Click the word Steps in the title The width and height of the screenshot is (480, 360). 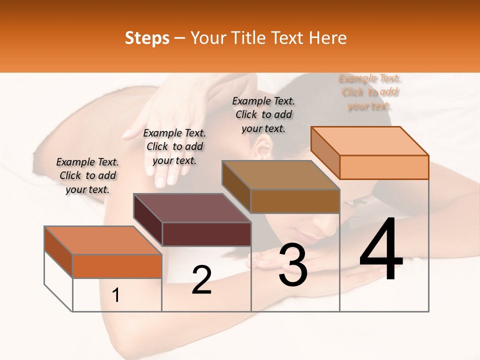(147, 38)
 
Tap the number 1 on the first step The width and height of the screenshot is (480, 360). (116, 295)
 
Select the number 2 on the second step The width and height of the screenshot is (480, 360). (201, 280)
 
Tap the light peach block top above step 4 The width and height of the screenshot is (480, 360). (369, 141)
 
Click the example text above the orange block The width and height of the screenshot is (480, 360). (87, 175)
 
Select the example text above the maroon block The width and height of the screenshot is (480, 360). (174, 146)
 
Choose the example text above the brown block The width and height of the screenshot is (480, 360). (263, 114)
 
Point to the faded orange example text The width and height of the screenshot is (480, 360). (369, 92)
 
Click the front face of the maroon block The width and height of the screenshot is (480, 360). (206, 234)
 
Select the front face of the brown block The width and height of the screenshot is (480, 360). (295, 201)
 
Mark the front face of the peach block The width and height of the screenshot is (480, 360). (384, 167)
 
